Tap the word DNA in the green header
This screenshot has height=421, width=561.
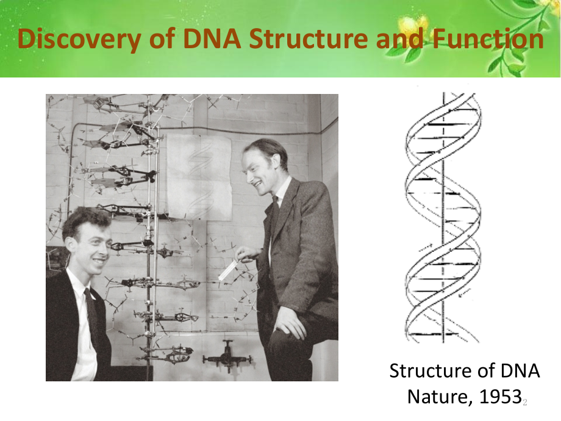click(212, 38)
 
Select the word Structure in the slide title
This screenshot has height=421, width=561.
click(309, 38)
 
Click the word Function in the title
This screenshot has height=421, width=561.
click(488, 38)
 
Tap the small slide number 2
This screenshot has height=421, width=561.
click(525, 402)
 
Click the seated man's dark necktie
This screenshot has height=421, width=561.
click(91, 314)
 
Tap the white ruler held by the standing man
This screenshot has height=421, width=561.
click(228, 270)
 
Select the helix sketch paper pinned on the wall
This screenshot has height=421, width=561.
click(199, 177)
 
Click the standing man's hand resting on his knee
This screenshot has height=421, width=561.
click(290, 322)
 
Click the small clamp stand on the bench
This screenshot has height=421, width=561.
click(227, 356)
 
